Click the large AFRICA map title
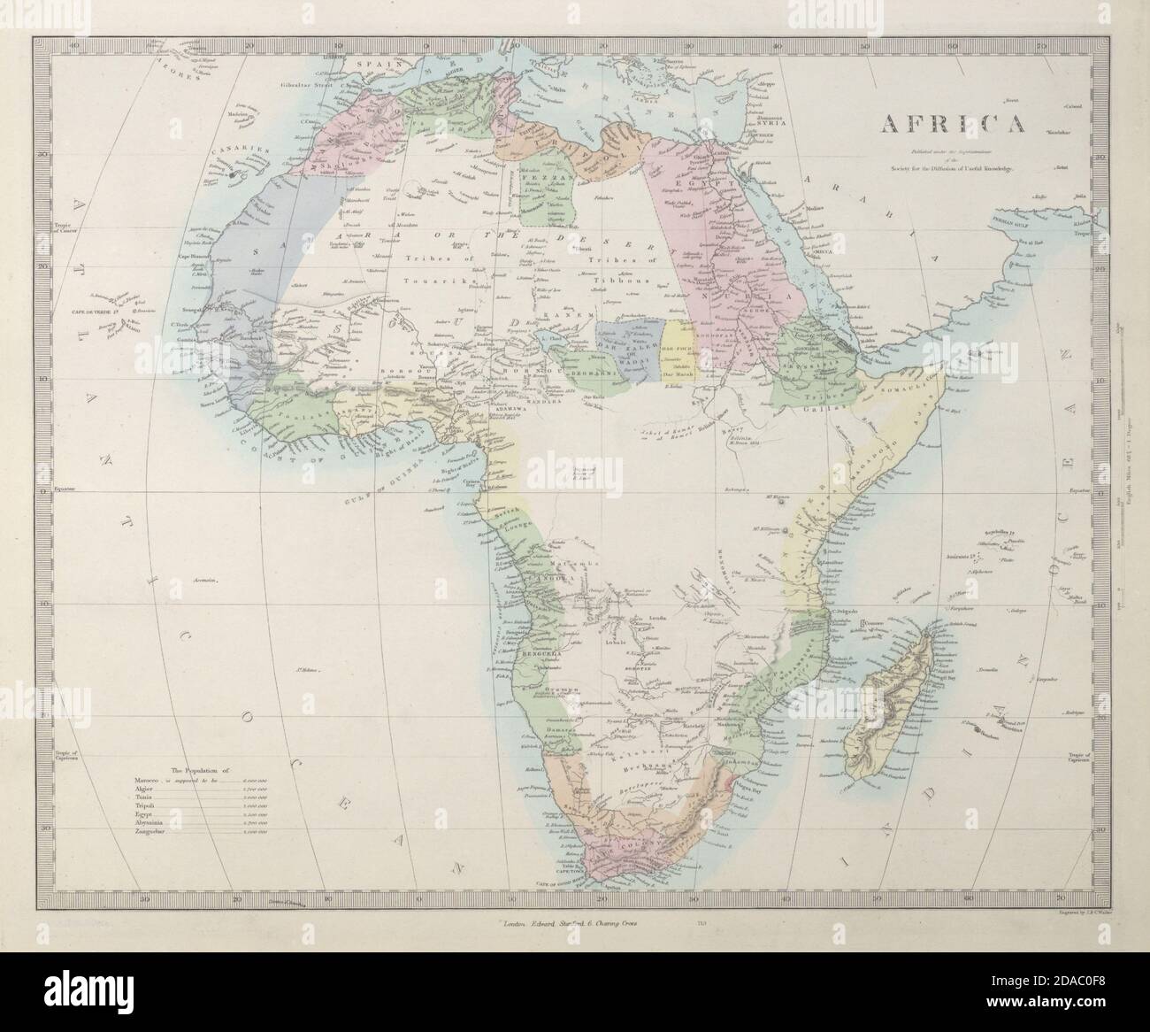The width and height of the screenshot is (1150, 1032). pyautogui.click(x=952, y=122)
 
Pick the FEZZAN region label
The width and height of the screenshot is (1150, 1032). pyautogui.click(x=541, y=176)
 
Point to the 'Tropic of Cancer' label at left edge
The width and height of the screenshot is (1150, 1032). pyautogui.click(x=63, y=229)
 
